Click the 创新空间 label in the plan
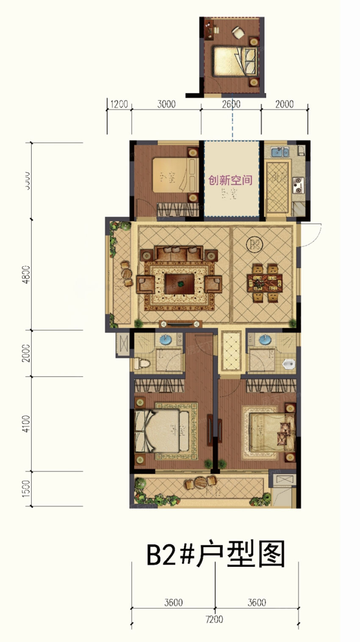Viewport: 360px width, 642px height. [x=230, y=181]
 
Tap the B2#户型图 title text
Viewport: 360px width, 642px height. [x=216, y=555]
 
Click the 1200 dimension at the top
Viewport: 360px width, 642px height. [x=119, y=104]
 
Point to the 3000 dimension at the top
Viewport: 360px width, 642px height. [x=166, y=104]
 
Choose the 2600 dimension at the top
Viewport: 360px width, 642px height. [x=231, y=104]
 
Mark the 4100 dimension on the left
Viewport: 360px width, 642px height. [x=26, y=423]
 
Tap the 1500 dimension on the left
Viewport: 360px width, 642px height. [x=26, y=488]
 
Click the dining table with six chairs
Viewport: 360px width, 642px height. [x=265, y=283]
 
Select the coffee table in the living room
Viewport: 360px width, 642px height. [x=179, y=283]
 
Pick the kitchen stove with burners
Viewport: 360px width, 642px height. [x=299, y=183]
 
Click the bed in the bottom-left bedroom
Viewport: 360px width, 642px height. [x=162, y=431]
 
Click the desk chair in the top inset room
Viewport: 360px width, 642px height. [x=238, y=32]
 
